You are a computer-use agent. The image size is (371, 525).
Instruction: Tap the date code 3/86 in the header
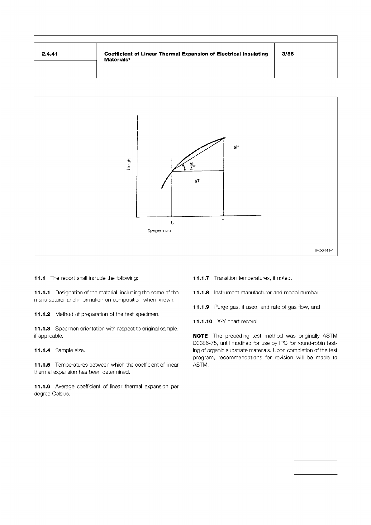[288, 54]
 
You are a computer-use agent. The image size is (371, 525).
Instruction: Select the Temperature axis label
[159, 231]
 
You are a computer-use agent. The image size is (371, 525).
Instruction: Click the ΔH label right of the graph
[236, 147]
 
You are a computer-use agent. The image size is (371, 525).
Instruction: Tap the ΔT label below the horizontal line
[197, 181]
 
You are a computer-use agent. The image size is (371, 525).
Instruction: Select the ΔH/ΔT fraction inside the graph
[193, 166]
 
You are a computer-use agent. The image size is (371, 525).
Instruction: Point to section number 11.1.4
[42, 350]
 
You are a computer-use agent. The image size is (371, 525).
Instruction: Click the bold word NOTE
[200, 336]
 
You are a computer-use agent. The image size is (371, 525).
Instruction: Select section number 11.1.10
[202, 321]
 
